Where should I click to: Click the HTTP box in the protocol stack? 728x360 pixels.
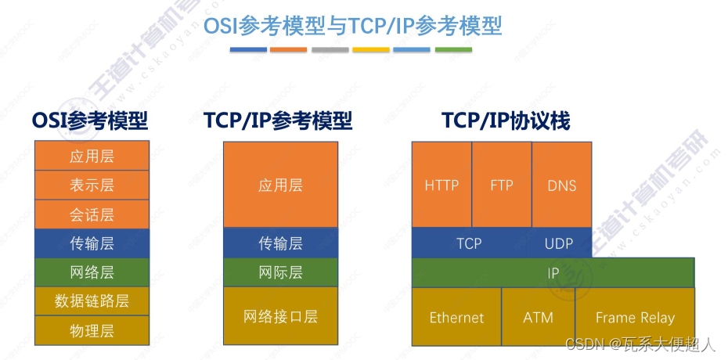(441, 185)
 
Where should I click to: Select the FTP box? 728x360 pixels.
(502, 185)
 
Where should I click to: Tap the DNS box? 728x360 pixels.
(562, 185)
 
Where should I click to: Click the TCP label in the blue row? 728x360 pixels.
(469, 243)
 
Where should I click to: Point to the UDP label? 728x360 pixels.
(559, 243)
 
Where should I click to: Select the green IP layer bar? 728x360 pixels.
(553, 273)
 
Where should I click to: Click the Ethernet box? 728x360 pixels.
(456, 317)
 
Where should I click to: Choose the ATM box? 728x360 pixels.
(538, 317)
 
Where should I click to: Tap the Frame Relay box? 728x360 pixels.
(635, 317)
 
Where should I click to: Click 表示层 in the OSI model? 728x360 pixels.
(92, 185)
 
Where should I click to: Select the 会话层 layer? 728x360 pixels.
(92, 214)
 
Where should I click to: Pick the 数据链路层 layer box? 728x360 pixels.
(92, 301)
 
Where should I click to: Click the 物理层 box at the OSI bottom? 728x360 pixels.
(92, 330)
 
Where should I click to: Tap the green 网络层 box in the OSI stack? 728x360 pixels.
(92, 272)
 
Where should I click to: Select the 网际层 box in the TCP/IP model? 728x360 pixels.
(280, 272)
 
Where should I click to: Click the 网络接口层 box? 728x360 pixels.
(280, 316)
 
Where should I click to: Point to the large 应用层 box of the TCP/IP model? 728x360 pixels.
(280, 185)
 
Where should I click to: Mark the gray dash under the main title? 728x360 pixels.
(330, 50)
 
